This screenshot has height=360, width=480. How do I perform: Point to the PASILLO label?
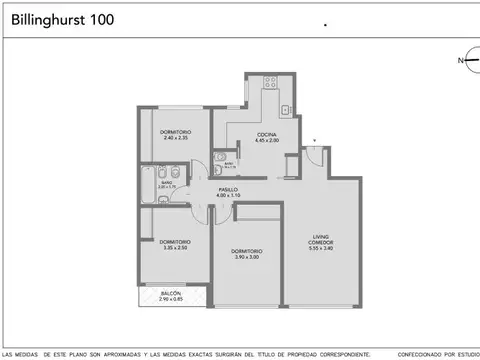(x=229, y=189)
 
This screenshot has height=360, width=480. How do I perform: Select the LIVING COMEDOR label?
(x=320, y=240)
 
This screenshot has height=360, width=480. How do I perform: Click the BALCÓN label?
(x=171, y=293)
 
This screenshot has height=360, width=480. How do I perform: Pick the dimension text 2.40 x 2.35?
(x=175, y=138)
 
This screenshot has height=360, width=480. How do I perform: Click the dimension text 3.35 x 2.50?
(x=175, y=247)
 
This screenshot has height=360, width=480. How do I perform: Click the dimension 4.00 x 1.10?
(x=229, y=195)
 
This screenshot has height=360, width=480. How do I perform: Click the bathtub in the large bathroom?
(x=148, y=182)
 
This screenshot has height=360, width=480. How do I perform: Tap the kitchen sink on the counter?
(x=285, y=109)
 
